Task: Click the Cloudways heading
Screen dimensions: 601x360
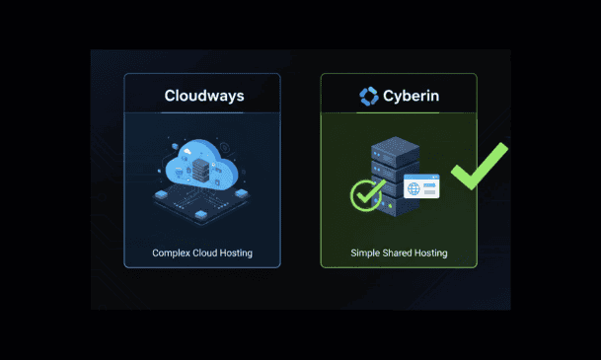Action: pyautogui.click(x=204, y=96)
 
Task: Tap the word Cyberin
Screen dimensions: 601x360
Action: pyautogui.click(x=411, y=96)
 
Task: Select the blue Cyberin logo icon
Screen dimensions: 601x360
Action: pyautogui.click(x=369, y=96)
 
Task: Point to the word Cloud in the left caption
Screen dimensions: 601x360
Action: pyautogui.click(x=202, y=252)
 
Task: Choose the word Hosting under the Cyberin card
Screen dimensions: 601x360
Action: pyautogui.click(x=431, y=252)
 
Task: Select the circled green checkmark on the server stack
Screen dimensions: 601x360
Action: pyautogui.click(x=367, y=195)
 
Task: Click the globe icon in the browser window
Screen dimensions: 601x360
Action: pyautogui.click(x=413, y=188)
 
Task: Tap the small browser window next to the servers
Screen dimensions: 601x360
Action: pyautogui.click(x=421, y=186)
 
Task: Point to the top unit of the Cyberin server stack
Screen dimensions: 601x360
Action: pyautogui.click(x=395, y=152)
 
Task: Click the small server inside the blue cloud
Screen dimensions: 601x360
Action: pyautogui.click(x=200, y=171)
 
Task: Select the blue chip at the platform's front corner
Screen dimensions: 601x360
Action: pyautogui.click(x=201, y=214)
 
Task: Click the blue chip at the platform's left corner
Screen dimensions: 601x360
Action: pyautogui.click(x=161, y=194)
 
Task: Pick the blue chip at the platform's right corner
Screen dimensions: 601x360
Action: pyautogui.click(x=241, y=192)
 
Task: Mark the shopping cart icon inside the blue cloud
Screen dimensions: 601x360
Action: pyautogui.click(x=179, y=172)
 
